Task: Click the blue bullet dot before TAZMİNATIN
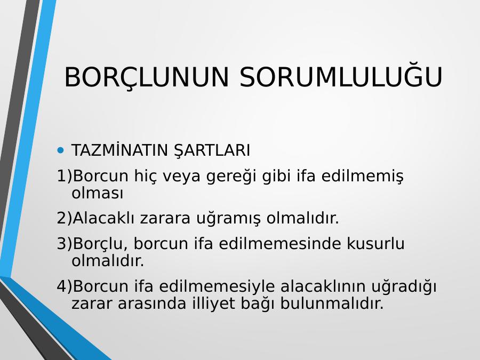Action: point(61,150)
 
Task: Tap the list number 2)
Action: point(65,218)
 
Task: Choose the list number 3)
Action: point(65,244)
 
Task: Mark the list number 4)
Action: point(65,286)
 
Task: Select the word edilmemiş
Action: point(363,177)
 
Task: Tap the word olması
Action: point(98,194)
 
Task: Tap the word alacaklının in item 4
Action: point(323,286)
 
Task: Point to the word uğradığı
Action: point(404,287)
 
